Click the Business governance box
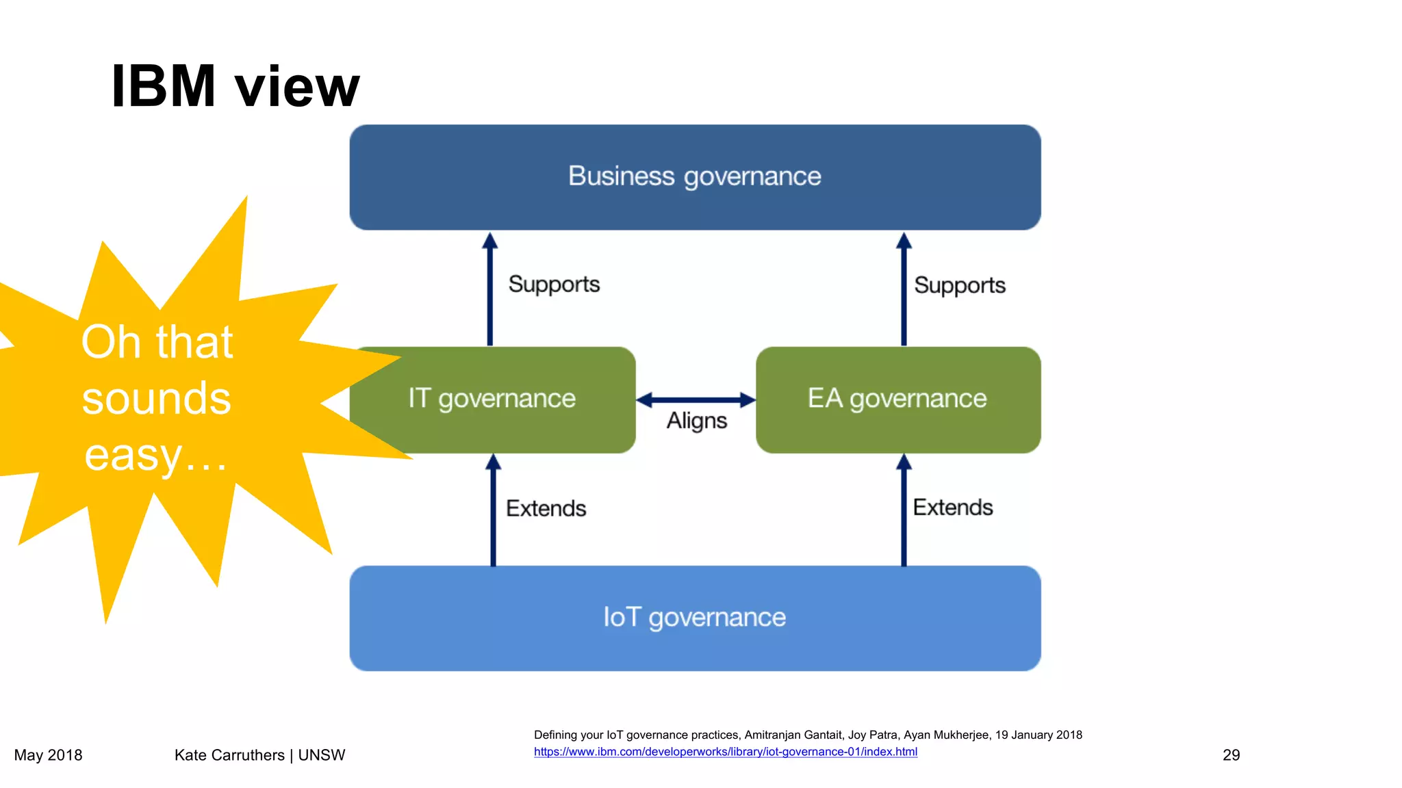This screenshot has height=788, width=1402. (694, 176)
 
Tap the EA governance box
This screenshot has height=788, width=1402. (897, 399)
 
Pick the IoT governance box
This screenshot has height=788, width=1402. (694, 618)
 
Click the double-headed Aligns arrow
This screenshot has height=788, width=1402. (696, 400)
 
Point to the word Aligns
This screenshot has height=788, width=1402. (696, 421)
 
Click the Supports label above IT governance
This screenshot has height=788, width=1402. (554, 285)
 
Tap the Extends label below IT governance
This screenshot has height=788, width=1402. (546, 508)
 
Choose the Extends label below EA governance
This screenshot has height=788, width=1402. (952, 508)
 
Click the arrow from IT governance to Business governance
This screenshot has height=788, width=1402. (489, 291)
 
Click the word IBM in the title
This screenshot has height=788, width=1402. (163, 86)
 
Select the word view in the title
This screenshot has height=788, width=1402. (296, 88)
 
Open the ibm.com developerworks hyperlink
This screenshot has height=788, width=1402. (725, 752)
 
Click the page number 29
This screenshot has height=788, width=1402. (1231, 755)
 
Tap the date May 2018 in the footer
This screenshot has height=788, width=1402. (48, 755)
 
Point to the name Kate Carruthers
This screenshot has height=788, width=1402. (229, 755)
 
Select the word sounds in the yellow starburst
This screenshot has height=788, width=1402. (156, 399)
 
